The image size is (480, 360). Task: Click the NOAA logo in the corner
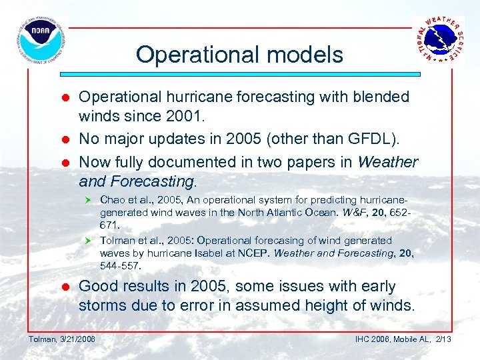[39, 40]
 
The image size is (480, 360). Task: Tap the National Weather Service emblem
[438, 40]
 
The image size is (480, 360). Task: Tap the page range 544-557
[121, 266]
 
